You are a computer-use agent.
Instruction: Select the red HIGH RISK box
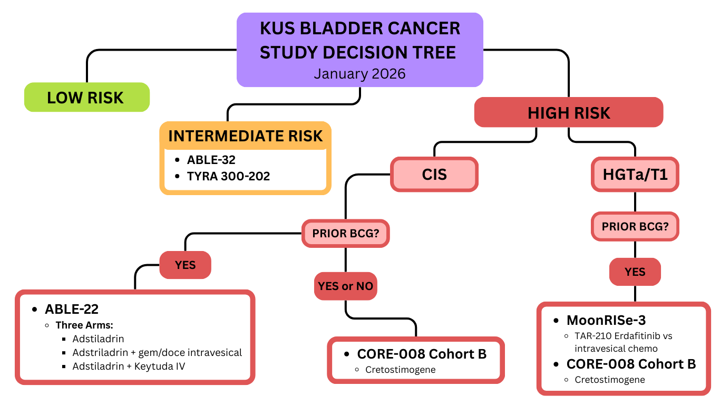(569, 112)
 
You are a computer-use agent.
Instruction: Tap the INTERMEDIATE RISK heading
(245, 136)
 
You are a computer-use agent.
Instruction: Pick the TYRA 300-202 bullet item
(228, 176)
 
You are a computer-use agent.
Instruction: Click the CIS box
(434, 174)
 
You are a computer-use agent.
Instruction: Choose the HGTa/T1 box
(635, 174)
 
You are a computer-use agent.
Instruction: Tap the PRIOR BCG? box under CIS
(345, 233)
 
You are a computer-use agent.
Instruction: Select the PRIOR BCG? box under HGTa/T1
(635, 227)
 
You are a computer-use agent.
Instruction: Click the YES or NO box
(345, 286)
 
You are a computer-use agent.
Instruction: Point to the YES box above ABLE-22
(186, 265)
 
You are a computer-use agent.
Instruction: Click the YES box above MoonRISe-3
(635, 272)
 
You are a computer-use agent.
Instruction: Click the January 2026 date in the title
(359, 73)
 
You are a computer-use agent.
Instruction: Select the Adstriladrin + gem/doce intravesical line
(157, 352)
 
